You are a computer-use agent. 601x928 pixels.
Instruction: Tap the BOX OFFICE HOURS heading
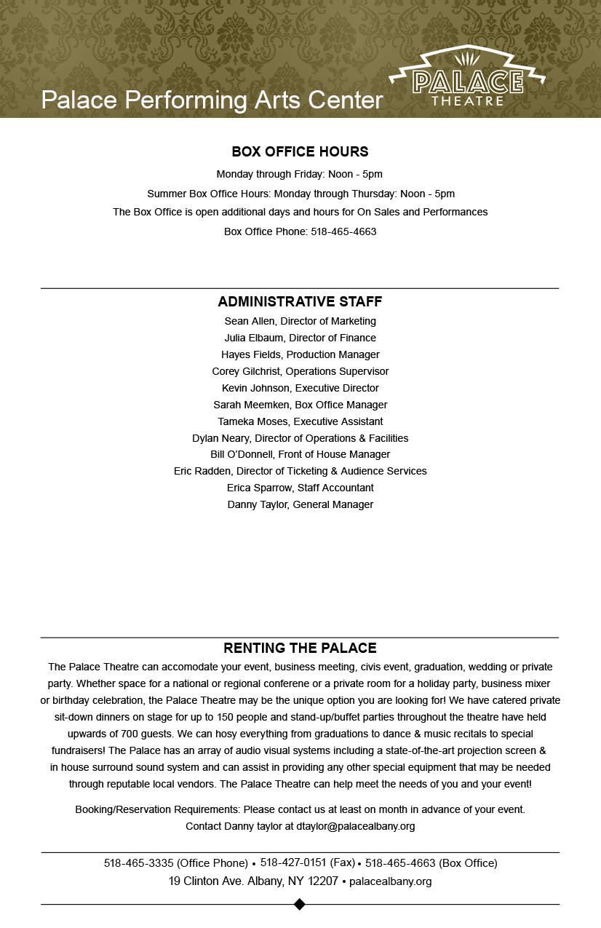click(300, 152)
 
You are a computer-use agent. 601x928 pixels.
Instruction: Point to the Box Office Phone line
click(300, 232)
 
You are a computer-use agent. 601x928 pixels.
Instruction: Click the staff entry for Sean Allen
click(300, 322)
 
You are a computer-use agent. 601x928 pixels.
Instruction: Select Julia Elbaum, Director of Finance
click(300, 338)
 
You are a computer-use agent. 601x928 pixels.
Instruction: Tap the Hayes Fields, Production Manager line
click(300, 355)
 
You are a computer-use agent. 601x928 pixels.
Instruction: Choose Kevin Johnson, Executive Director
click(300, 389)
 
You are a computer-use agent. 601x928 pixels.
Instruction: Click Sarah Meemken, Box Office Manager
click(300, 405)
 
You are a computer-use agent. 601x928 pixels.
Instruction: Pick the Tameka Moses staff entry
click(300, 422)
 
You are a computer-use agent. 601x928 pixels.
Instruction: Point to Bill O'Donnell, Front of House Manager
click(300, 455)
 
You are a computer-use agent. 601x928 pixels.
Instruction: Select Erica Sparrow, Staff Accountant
click(300, 488)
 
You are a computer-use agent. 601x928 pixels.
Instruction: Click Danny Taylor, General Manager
click(300, 505)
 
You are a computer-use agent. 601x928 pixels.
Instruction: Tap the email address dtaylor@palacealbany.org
click(356, 827)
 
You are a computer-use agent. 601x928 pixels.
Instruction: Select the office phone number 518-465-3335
click(138, 864)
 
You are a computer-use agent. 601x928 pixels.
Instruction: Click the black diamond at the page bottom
click(299, 905)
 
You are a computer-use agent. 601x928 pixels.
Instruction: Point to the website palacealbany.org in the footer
click(390, 882)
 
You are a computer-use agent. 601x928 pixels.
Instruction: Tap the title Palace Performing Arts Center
click(212, 100)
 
